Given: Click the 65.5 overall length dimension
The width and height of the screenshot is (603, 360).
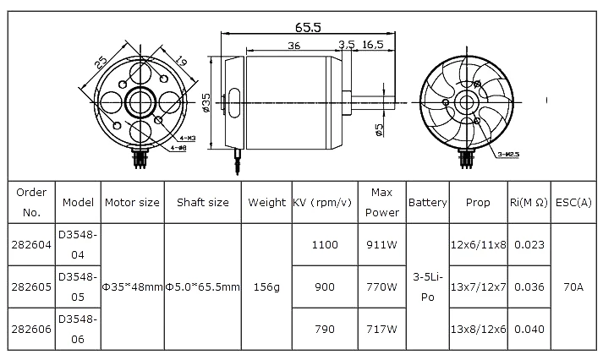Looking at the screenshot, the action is click(x=308, y=27).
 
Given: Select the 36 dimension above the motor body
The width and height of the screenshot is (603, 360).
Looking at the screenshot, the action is click(x=294, y=46).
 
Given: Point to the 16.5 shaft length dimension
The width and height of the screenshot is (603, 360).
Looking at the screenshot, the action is click(x=373, y=44).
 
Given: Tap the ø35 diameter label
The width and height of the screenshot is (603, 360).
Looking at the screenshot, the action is click(x=206, y=102).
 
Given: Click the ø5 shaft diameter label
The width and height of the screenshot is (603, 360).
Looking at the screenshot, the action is click(x=379, y=129).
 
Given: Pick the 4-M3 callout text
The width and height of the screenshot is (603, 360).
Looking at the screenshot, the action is click(x=188, y=138).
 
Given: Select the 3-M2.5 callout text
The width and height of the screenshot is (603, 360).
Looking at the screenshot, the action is click(x=508, y=155).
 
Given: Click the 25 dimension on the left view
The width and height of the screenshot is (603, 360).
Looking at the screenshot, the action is click(x=101, y=63).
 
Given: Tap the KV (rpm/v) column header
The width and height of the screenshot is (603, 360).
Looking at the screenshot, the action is click(x=322, y=202).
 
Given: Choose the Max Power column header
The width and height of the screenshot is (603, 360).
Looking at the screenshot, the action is click(x=382, y=202).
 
